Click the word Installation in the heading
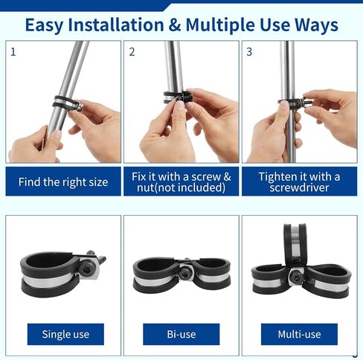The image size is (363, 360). coord(116,25)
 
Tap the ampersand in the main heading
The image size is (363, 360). coord(175,25)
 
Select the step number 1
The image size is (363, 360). coord(13,52)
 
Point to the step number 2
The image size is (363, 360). coord(132,52)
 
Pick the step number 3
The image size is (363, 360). coord(249,52)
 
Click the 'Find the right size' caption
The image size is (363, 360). coord(63,182)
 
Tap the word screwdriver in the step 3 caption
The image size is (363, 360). coord(299,187)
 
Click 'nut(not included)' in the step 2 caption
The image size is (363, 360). coord(181,187)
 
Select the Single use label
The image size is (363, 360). coord(65,334)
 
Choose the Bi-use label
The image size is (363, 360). coord(181,334)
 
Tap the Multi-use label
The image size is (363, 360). coord(299,334)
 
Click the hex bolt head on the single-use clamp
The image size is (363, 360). coord(86,269)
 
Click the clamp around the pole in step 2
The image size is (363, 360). coord(178,97)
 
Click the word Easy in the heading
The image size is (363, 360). coord(44,26)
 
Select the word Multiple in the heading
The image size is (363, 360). coord(220,26)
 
